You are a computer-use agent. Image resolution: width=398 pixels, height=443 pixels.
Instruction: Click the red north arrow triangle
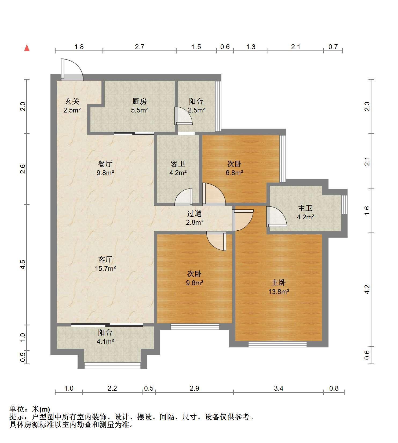click(x=27, y=48)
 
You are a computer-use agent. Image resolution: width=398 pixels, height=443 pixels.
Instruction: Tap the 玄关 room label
click(x=72, y=101)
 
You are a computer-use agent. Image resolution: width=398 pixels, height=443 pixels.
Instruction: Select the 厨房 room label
click(x=140, y=101)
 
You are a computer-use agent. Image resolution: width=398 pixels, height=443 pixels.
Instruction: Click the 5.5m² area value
click(x=140, y=110)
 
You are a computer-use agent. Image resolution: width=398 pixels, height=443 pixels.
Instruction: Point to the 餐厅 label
click(x=105, y=164)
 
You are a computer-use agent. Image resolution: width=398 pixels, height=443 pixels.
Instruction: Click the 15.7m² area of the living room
click(x=105, y=268)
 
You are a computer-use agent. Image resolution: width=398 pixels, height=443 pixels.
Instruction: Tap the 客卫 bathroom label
click(x=178, y=164)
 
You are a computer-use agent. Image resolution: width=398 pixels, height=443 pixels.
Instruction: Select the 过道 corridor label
click(x=194, y=214)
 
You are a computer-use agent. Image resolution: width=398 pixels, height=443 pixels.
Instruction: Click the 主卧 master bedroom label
click(x=279, y=283)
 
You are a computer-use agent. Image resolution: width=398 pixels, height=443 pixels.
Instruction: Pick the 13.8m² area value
click(x=279, y=292)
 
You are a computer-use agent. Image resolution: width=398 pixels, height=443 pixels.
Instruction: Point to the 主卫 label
click(x=305, y=208)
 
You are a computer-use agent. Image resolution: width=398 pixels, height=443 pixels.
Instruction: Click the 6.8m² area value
click(x=234, y=173)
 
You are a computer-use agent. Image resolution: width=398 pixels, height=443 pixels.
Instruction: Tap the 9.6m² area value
click(x=194, y=283)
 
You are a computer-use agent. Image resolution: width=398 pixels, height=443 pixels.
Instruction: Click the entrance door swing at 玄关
click(x=72, y=70)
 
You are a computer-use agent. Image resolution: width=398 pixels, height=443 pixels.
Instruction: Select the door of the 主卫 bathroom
click(x=276, y=216)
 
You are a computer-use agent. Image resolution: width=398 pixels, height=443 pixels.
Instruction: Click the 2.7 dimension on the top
click(x=140, y=47)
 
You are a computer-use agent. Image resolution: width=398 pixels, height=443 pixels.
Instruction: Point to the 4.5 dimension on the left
click(x=23, y=265)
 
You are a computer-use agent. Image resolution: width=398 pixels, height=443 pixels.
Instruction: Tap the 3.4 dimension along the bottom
click(x=279, y=388)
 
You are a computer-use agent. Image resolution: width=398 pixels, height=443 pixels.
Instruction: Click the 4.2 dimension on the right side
click(x=367, y=289)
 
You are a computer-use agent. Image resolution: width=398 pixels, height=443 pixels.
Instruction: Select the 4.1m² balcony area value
click(x=105, y=342)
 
